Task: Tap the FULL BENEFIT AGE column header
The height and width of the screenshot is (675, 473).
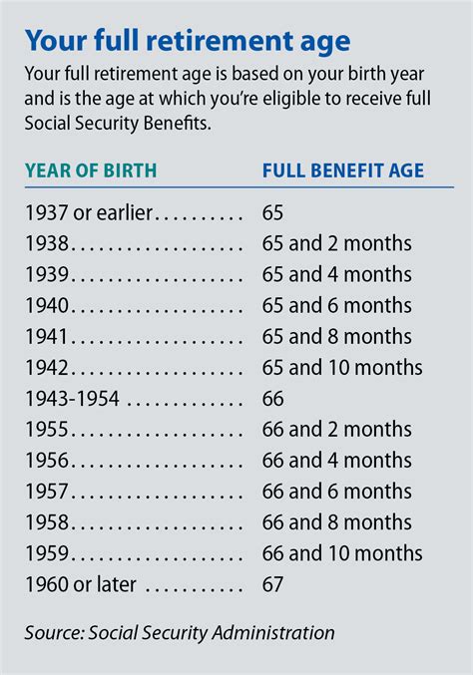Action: [342, 170]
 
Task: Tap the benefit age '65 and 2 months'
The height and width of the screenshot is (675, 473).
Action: [336, 242]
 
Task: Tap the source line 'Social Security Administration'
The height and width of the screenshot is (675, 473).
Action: [211, 632]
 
